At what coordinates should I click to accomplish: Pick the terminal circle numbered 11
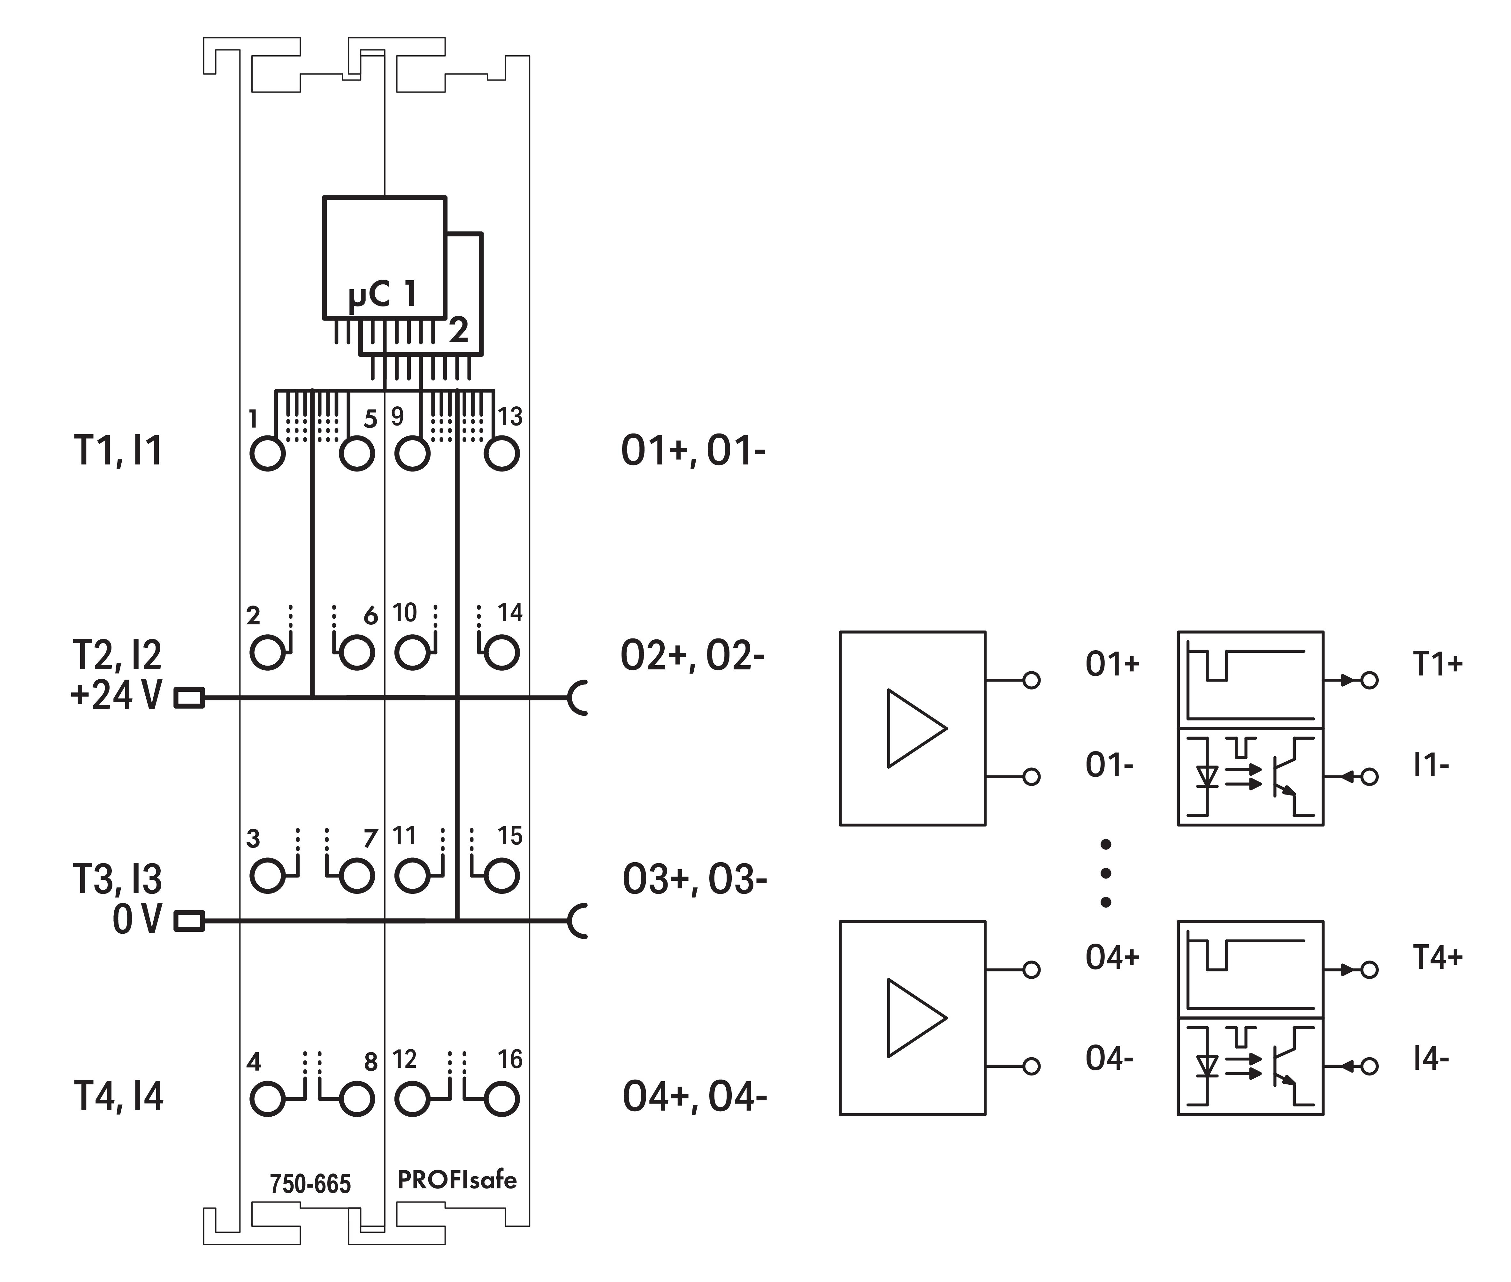(412, 876)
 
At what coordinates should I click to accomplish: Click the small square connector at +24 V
(190, 698)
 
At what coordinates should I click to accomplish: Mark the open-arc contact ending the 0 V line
(578, 922)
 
